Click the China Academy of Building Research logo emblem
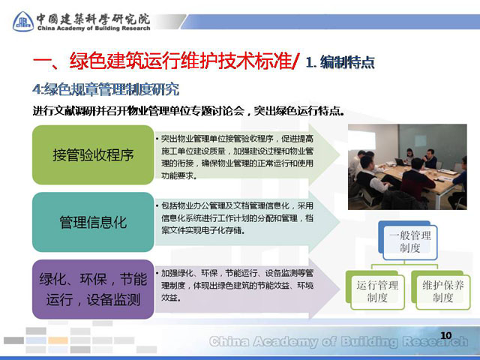click(x=23, y=22)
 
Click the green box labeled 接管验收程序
click(x=93, y=154)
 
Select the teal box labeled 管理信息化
click(x=93, y=222)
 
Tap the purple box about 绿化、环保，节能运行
click(x=93, y=289)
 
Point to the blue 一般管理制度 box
click(x=408, y=241)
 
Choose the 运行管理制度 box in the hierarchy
click(x=376, y=290)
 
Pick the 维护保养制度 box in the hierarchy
click(x=441, y=290)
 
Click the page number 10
click(x=446, y=335)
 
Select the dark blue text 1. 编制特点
click(x=340, y=62)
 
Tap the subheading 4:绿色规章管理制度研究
click(x=106, y=89)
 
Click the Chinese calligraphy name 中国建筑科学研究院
click(x=93, y=19)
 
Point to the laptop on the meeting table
click(x=400, y=162)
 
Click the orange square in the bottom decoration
click(x=58, y=340)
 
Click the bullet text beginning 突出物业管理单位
click(x=235, y=157)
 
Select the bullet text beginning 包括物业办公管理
click(x=235, y=218)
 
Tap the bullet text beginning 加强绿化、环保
click(x=235, y=285)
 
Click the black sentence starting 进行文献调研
click(x=188, y=110)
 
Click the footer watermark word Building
click(x=369, y=341)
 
